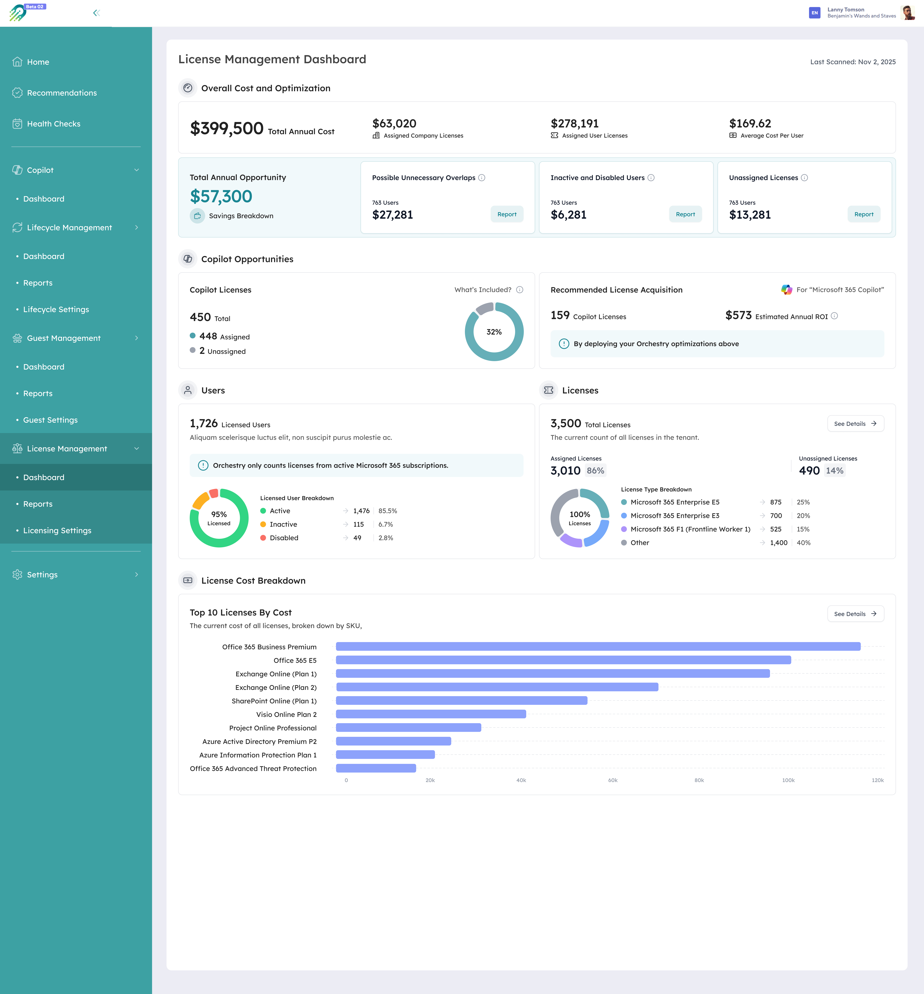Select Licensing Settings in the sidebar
point(57,531)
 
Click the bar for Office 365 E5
point(563,660)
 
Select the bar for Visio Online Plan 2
point(430,714)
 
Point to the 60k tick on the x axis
point(612,780)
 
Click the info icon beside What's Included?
point(519,290)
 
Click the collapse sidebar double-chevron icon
point(97,13)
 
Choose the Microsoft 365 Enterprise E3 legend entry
point(675,515)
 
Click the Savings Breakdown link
point(241,216)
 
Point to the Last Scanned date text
point(853,62)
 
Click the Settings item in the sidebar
point(42,574)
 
